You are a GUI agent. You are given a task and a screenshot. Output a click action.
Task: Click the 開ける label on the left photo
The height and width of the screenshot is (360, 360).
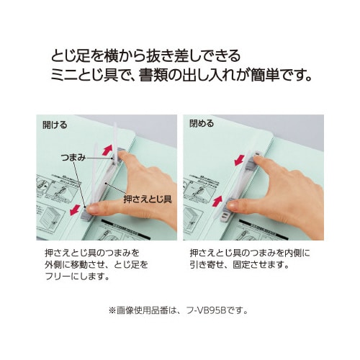(55, 125)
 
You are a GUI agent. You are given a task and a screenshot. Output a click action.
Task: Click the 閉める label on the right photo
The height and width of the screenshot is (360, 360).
(202, 125)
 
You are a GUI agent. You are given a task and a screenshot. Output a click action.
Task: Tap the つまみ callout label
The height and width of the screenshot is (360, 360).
(76, 156)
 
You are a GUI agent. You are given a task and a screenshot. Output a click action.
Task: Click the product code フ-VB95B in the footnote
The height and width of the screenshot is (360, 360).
(217, 311)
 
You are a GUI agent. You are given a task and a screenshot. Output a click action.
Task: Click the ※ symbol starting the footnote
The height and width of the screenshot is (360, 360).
(112, 311)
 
